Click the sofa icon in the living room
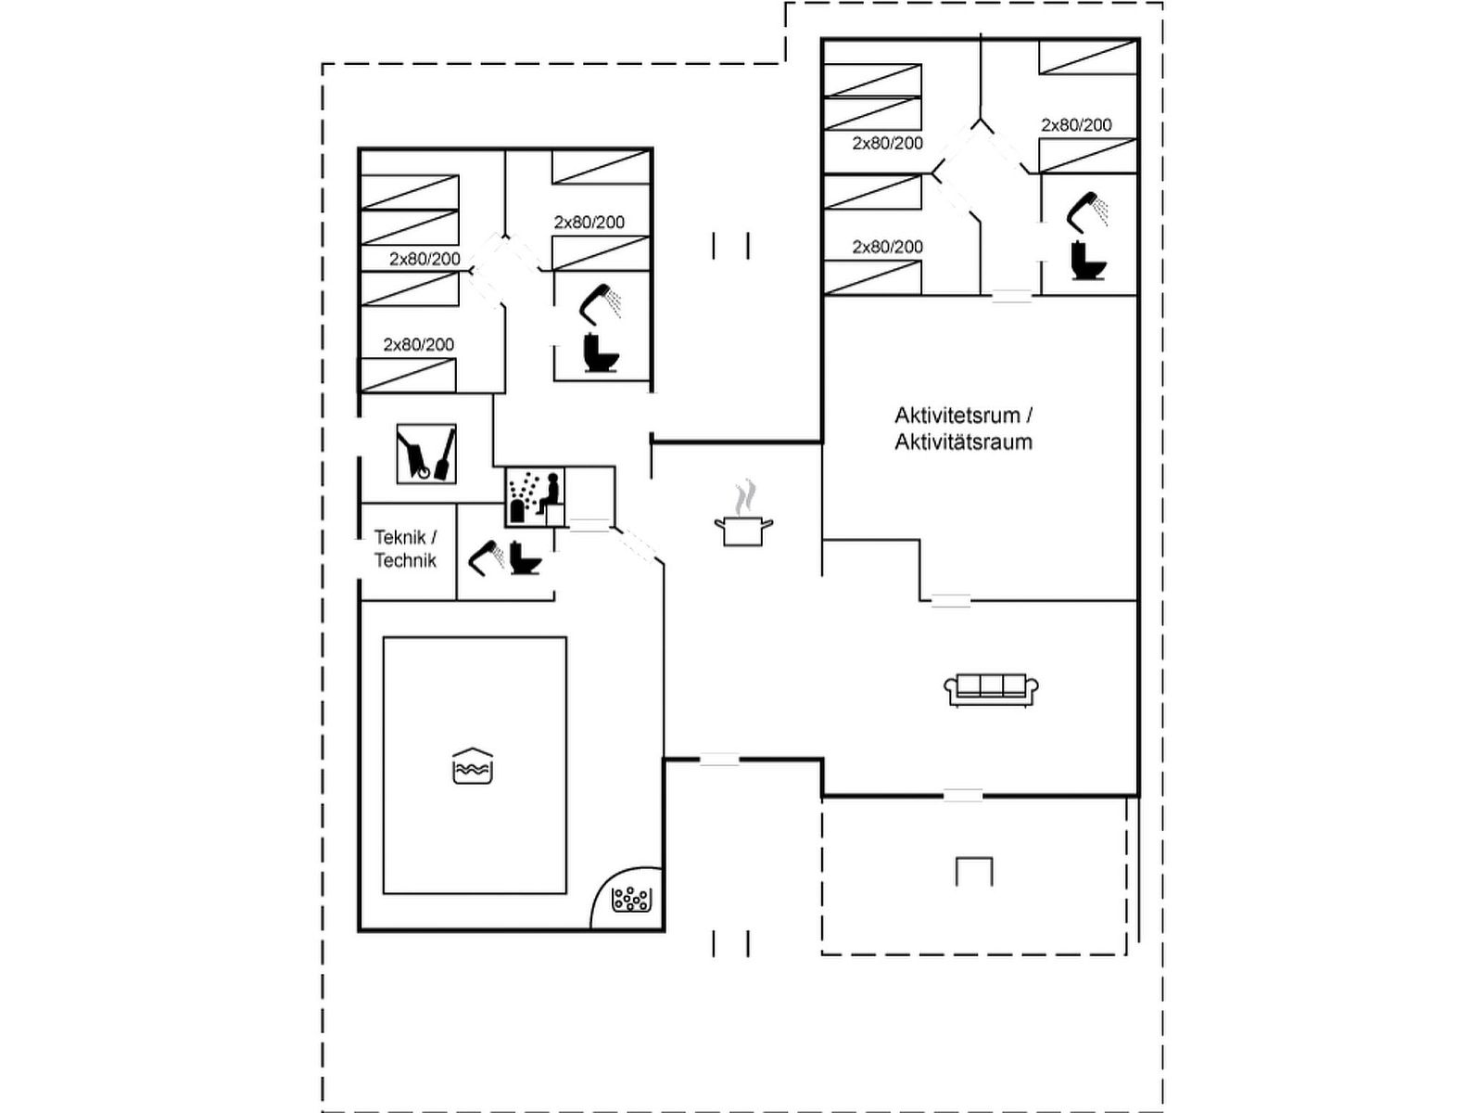tap(991, 690)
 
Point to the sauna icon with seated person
tap(534, 499)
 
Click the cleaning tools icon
tap(426, 454)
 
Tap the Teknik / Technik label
tap(405, 548)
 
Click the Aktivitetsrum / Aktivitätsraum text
tap(963, 429)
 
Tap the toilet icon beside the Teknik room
tap(526, 557)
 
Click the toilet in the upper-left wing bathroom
tap(601, 352)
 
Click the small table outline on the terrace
tap(974, 871)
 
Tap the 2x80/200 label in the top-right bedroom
tap(1076, 125)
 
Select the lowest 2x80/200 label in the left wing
tap(419, 345)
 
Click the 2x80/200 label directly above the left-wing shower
tap(589, 223)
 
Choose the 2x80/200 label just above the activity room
tap(888, 247)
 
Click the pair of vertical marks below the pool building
tap(730, 943)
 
